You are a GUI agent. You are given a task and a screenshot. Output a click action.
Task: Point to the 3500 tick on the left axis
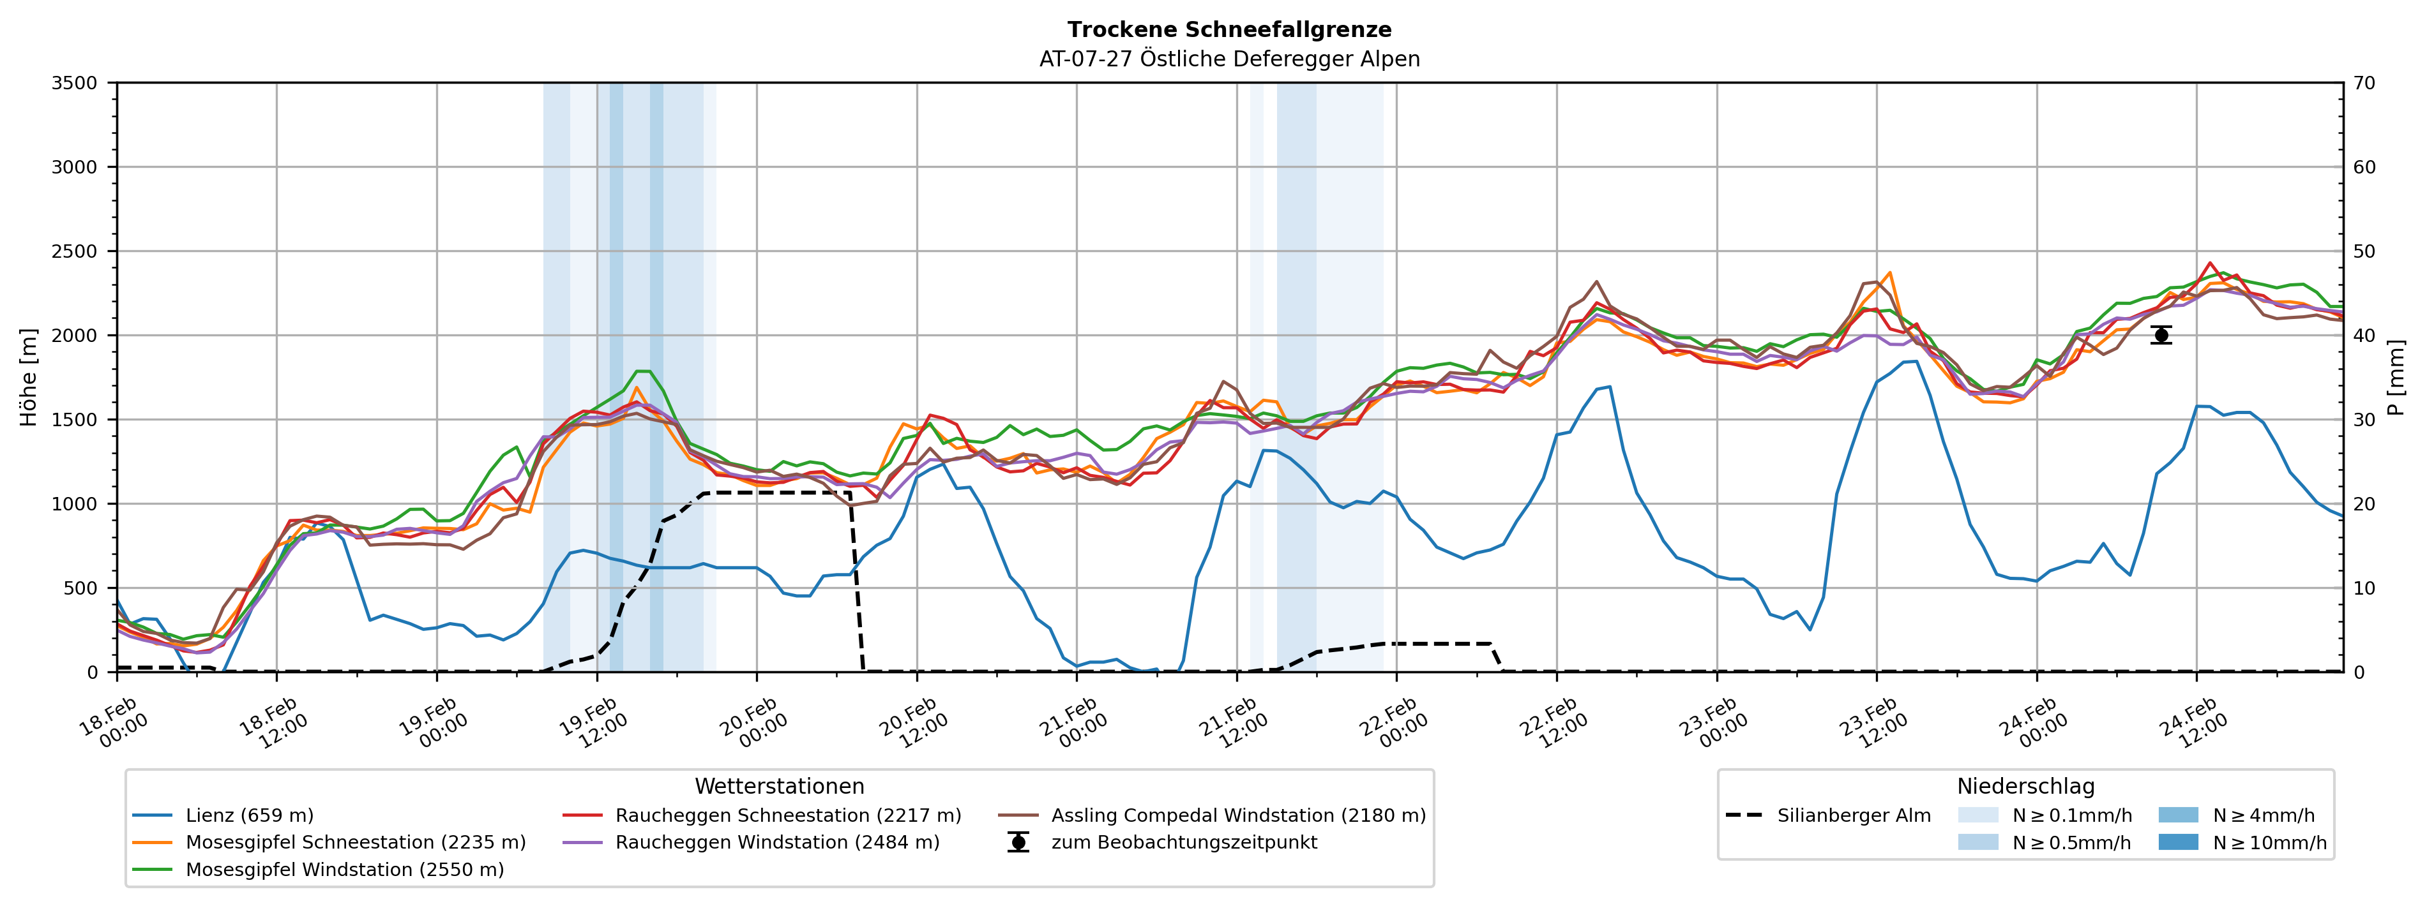click(75, 83)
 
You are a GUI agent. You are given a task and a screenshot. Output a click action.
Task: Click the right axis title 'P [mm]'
click(2396, 376)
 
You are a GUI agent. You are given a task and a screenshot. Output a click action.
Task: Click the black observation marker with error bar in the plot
click(2161, 335)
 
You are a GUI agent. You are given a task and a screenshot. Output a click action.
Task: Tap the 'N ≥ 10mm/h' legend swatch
click(2178, 842)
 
